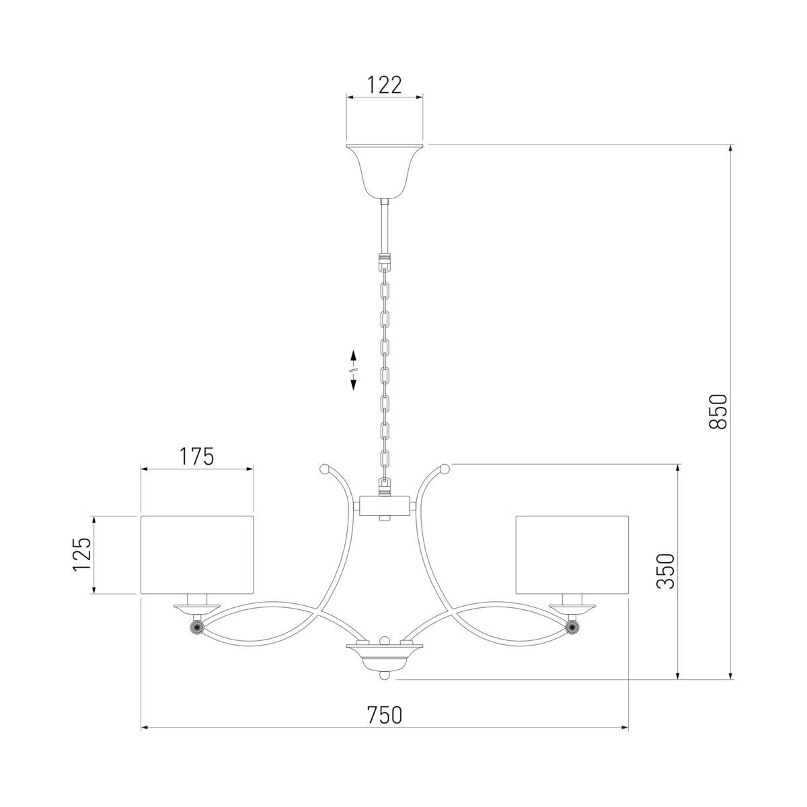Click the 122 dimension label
385,85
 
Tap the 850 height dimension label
719,412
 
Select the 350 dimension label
666,571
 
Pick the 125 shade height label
81,554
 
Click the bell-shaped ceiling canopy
385,171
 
